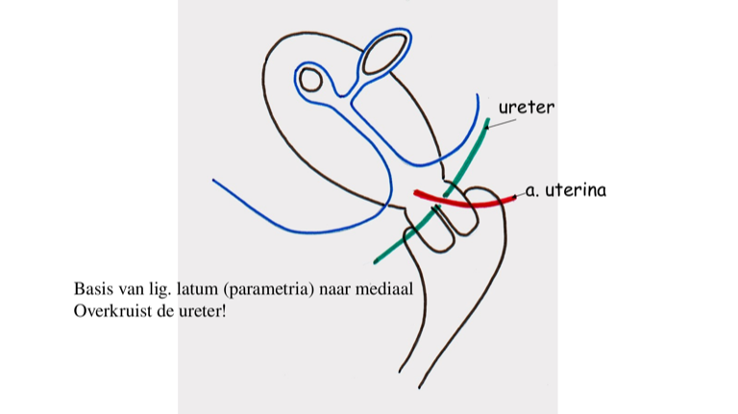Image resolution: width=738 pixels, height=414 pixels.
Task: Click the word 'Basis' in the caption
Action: click(x=91, y=288)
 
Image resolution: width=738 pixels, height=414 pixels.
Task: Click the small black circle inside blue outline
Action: click(x=309, y=79)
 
